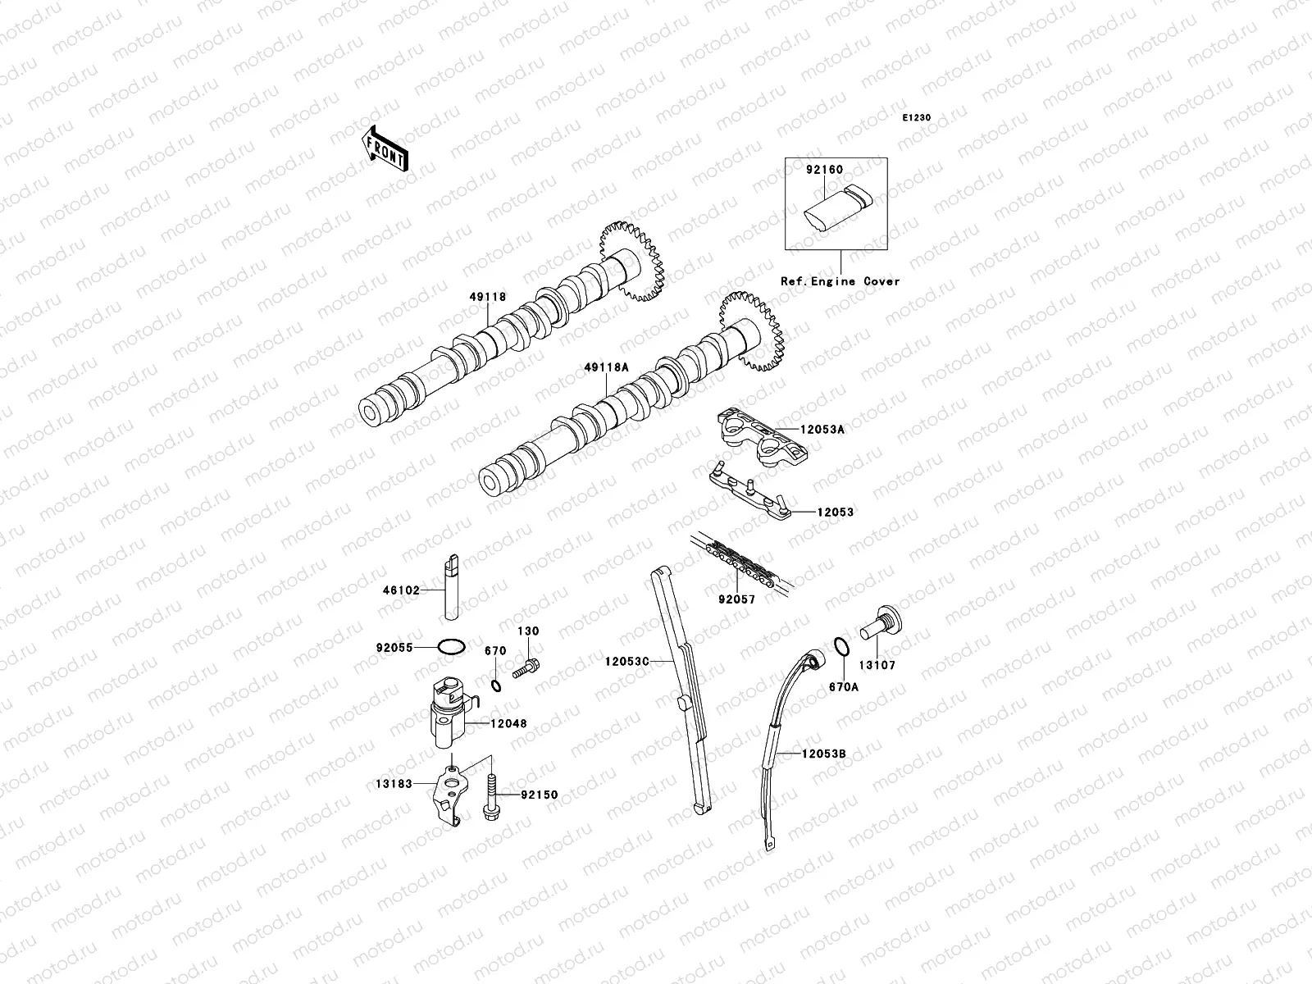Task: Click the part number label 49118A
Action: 607,369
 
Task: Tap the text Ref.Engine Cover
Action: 840,281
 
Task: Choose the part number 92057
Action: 736,600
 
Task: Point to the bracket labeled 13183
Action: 448,794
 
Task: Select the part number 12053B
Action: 823,752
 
